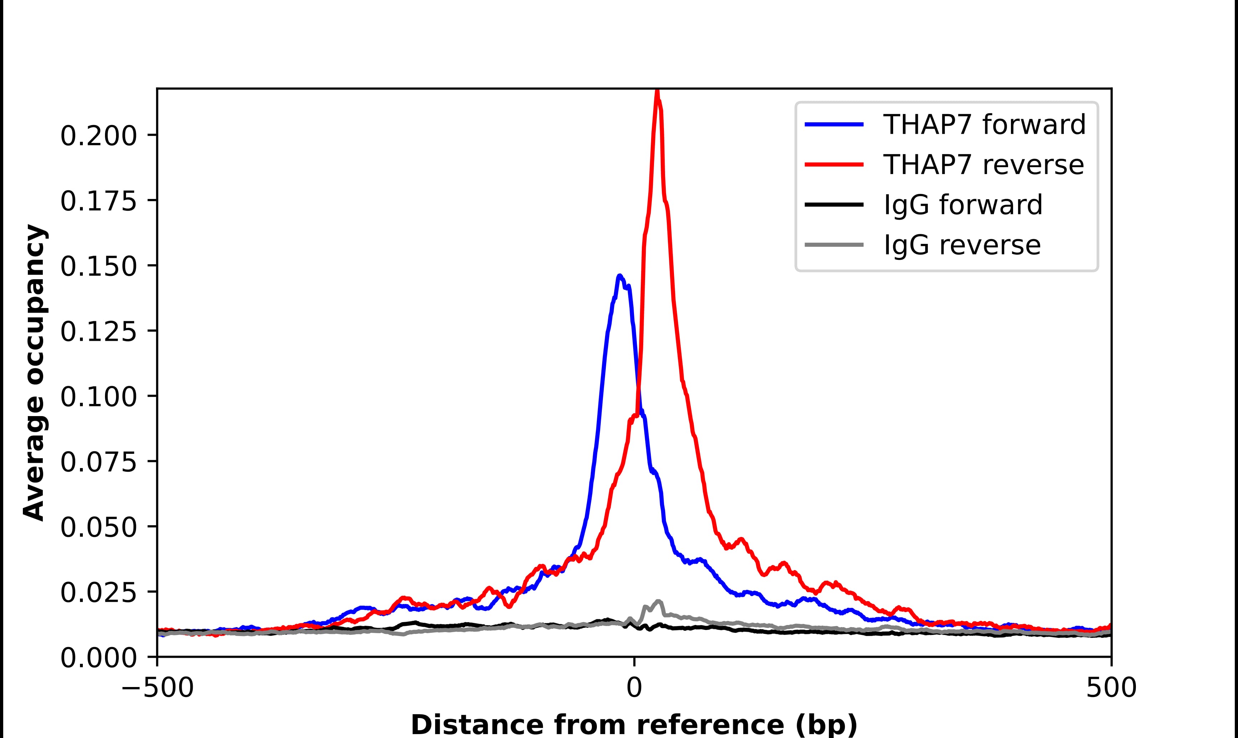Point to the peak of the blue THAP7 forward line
point(620,276)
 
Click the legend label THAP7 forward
point(984,124)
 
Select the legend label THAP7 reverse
point(983,165)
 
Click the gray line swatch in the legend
point(834,245)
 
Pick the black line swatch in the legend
point(834,204)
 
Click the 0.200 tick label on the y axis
point(98,136)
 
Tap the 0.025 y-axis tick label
point(98,593)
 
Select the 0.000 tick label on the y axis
point(98,658)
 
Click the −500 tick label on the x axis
point(157,688)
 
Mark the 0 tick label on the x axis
point(634,688)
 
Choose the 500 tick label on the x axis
point(1111,688)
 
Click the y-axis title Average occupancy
point(35,373)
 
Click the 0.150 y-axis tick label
point(98,267)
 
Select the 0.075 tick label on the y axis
point(98,462)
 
